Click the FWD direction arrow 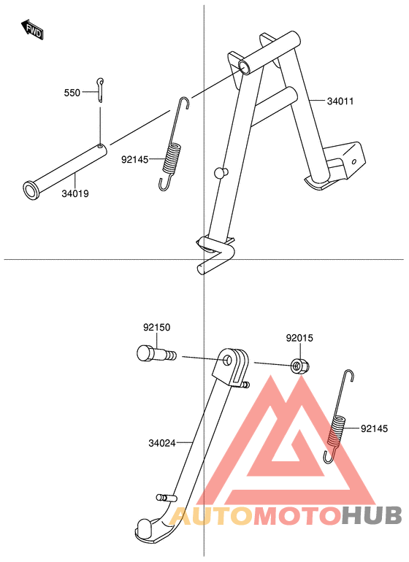pyautogui.click(x=33, y=30)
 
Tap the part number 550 pyautogui.click(x=72, y=93)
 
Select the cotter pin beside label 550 pyautogui.click(x=100, y=90)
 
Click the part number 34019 pyautogui.click(x=75, y=194)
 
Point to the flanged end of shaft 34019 pyautogui.click(x=31, y=190)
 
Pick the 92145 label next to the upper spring pyautogui.click(x=134, y=160)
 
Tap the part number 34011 pyautogui.click(x=340, y=101)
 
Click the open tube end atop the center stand pyautogui.click(x=245, y=67)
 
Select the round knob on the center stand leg pyautogui.click(x=221, y=172)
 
